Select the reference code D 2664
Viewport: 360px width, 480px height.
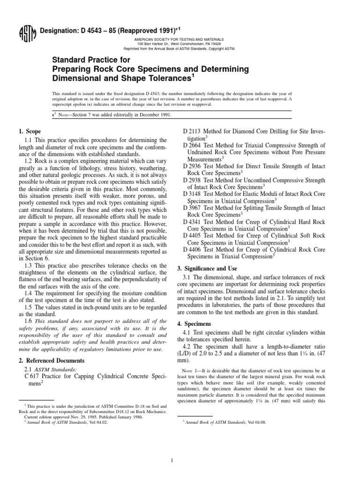(x=193, y=146)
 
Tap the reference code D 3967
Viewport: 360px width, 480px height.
(x=193, y=207)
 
